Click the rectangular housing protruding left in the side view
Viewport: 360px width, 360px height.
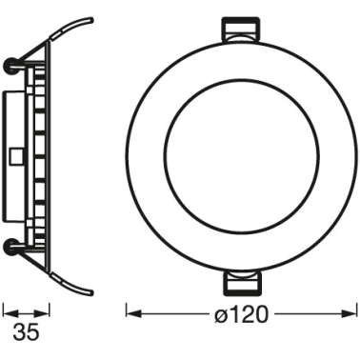[x=11, y=157]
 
